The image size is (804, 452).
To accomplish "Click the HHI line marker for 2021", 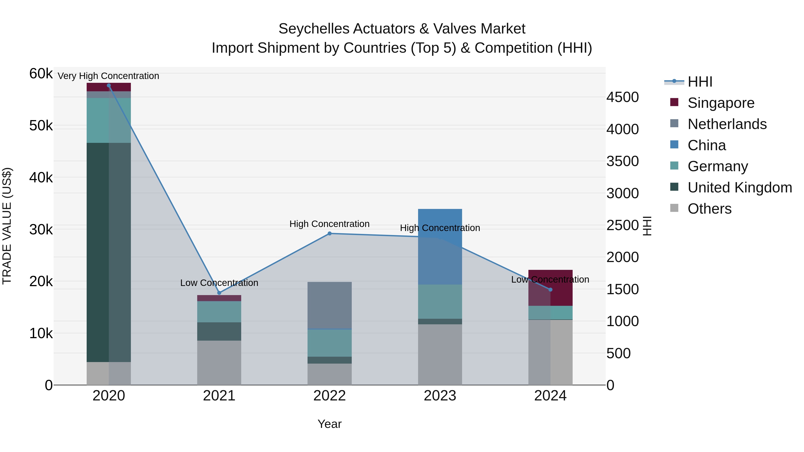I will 219,293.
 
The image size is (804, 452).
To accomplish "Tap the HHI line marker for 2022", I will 330,233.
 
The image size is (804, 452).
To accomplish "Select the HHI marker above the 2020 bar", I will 109,85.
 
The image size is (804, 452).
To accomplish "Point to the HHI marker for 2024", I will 550,290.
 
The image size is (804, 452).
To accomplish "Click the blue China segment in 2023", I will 440,246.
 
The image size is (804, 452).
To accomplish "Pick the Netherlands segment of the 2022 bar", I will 330,305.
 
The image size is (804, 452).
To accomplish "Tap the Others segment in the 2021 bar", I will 219,362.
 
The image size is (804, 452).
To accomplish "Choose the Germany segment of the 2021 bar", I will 219,311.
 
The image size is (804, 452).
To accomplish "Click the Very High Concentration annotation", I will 108,76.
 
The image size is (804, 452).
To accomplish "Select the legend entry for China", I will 706,145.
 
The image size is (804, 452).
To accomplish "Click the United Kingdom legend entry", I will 739,187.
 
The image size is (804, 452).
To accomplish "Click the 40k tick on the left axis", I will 41,178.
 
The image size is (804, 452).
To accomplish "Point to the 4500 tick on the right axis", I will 622,97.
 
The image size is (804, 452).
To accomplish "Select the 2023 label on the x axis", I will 440,396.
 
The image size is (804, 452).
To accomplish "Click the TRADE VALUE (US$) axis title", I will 7,226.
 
